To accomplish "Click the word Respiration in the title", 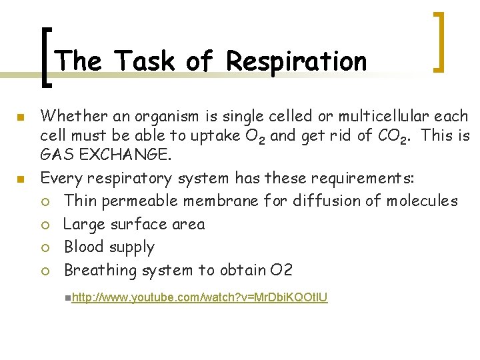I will pos(297,61).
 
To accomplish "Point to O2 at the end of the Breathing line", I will pos(281,270).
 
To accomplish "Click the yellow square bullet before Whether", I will pos(21,117).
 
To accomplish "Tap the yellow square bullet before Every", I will pos(21,179).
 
